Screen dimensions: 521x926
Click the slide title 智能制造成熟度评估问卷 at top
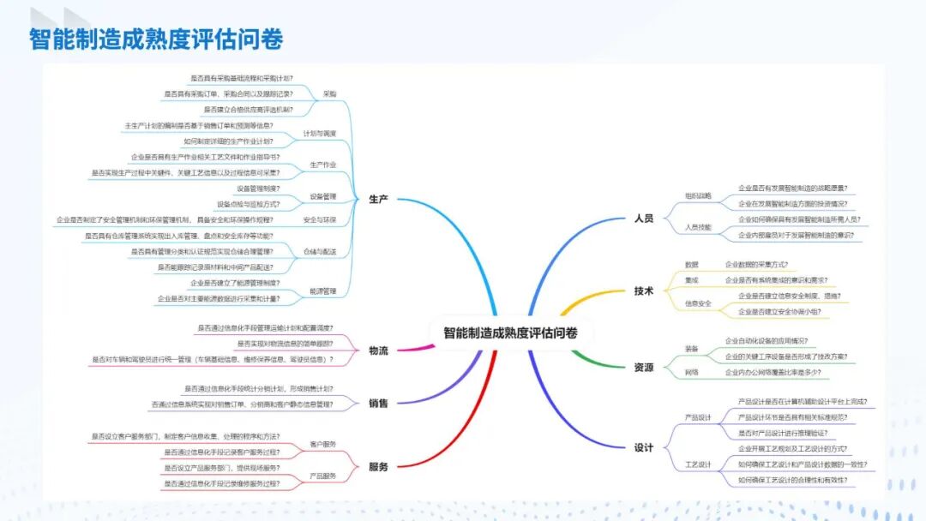(156, 39)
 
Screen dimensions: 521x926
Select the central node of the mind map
(510, 332)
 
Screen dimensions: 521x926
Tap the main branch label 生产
(379, 199)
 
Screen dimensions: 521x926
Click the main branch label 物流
(379, 350)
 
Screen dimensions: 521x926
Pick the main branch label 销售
(379, 403)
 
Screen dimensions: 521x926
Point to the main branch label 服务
(379, 466)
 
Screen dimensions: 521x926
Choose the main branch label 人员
(644, 219)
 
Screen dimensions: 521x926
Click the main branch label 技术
(644, 291)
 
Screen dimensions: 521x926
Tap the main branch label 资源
(644, 367)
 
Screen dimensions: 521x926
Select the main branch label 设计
(644, 447)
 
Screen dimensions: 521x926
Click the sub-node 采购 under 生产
(329, 93)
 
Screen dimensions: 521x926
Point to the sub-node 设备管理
(323, 196)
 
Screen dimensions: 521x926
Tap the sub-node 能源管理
(323, 290)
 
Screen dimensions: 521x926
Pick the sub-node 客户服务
(323, 445)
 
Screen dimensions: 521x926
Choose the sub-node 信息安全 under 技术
(698, 303)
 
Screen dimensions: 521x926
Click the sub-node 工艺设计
(698, 464)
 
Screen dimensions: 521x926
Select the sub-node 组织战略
(698, 195)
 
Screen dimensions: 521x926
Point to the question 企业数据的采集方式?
(756, 264)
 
